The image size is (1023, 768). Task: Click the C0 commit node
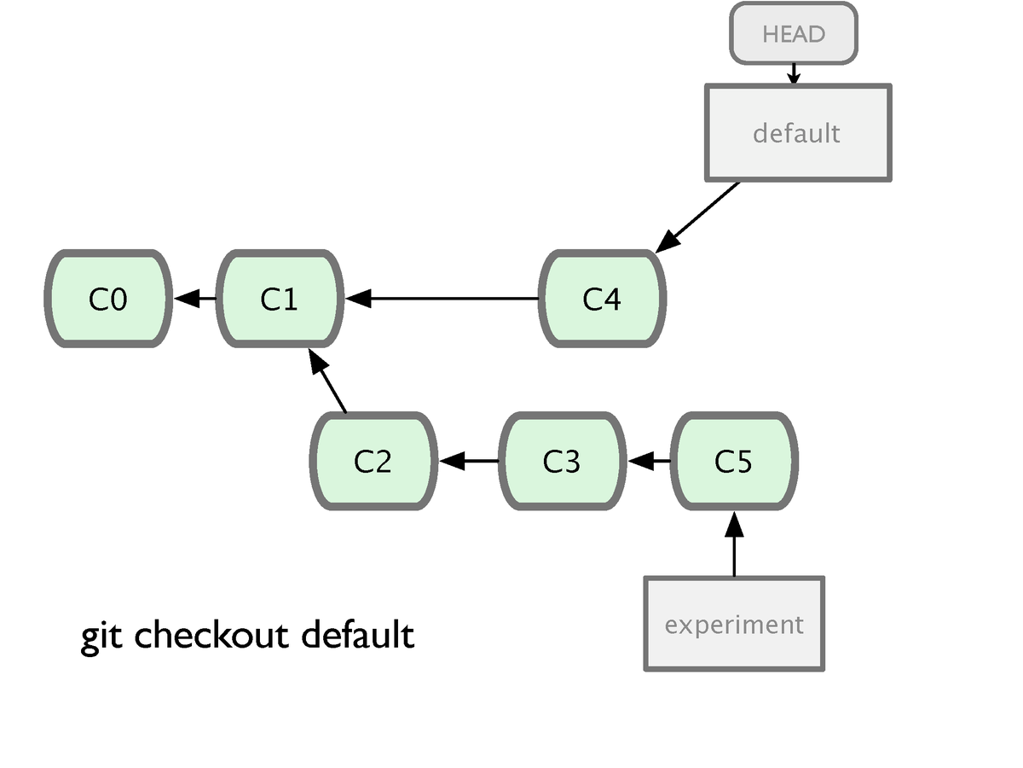point(108,299)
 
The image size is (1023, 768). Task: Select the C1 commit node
point(280,299)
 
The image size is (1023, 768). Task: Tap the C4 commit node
point(602,299)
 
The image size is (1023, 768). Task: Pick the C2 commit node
point(373,461)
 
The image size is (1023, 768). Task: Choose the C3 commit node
point(562,461)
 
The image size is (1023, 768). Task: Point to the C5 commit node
point(734,461)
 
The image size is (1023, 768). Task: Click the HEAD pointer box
point(794,33)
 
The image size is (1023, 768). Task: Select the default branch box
point(798,133)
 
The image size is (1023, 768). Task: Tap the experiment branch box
point(734,624)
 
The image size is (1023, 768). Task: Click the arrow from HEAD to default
point(794,74)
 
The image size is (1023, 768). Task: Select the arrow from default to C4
point(697,218)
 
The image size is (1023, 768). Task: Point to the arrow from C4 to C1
point(442,299)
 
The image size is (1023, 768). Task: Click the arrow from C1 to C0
point(195,299)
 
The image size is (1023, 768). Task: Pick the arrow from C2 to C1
point(327,381)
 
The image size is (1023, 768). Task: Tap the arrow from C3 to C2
point(469,461)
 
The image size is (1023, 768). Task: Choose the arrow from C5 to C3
point(650,461)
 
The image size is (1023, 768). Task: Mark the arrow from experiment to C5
point(734,544)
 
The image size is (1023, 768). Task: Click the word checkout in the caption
point(211,635)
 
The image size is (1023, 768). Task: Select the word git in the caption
point(101,637)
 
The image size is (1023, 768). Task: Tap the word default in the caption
point(358,634)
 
